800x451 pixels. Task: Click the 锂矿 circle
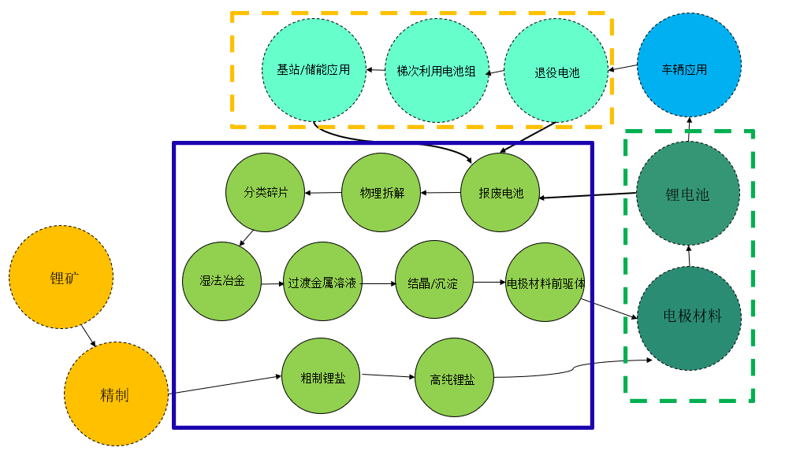coord(61,277)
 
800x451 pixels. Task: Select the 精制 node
coord(116,394)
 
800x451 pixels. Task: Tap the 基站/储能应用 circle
coord(314,70)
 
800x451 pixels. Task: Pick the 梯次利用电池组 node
coord(436,71)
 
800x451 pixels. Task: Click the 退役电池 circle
coord(556,72)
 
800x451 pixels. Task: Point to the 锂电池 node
coord(688,194)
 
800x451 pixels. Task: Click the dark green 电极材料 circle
coord(690,317)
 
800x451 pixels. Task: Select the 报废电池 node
coord(500,193)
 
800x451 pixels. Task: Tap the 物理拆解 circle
coord(381,193)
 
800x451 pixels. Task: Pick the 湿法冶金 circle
coord(221,281)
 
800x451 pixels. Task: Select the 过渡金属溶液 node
coord(323,282)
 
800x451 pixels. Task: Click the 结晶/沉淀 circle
coord(434,282)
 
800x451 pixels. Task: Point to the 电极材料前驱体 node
coord(545,282)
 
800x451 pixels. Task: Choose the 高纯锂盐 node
coord(454,379)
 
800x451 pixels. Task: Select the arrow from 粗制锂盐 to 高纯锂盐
coord(388,376)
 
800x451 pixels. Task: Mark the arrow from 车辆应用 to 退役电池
coord(623,68)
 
